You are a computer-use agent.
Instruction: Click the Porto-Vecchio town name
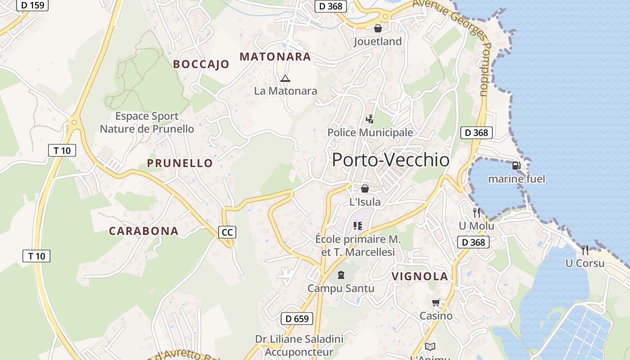click(x=391, y=160)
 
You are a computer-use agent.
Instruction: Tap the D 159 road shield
click(x=32, y=5)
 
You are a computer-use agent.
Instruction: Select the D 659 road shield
click(x=297, y=319)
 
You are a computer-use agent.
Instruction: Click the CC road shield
click(x=227, y=232)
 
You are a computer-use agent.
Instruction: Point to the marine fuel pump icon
click(x=517, y=166)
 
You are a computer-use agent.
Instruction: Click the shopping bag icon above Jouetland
click(x=378, y=28)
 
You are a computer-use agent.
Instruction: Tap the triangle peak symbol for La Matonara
click(x=285, y=79)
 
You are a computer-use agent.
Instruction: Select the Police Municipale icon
click(x=369, y=119)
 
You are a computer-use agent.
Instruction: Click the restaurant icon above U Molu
click(x=477, y=212)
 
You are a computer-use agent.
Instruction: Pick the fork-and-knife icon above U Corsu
click(x=585, y=250)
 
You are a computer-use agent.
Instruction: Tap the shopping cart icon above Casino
click(x=436, y=303)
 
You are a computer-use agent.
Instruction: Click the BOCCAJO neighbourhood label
click(x=201, y=64)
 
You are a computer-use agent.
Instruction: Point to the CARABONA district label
click(x=144, y=231)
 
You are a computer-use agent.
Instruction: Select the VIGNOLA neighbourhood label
click(x=419, y=277)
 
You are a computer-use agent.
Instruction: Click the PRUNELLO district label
click(x=180, y=163)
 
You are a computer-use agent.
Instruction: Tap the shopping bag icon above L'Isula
click(x=365, y=189)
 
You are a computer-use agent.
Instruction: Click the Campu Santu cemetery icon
click(x=341, y=274)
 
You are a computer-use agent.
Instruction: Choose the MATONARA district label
click(x=275, y=57)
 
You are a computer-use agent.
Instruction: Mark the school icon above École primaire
click(x=358, y=225)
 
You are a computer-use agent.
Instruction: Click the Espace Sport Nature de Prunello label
click(x=147, y=122)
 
